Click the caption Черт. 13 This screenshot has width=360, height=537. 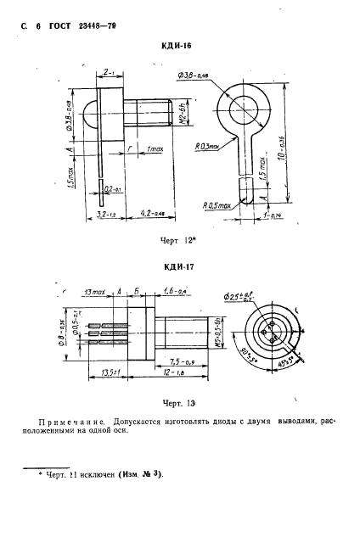[177, 405]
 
